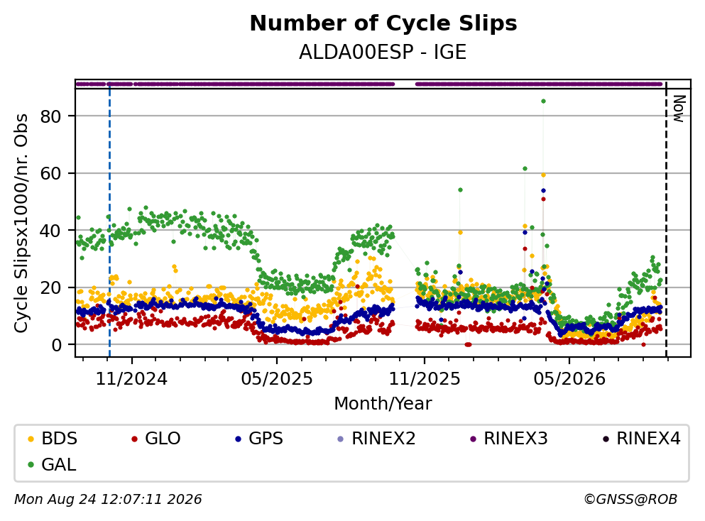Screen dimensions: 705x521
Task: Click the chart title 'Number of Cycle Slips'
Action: click(383, 23)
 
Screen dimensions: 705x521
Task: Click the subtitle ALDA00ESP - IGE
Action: click(383, 52)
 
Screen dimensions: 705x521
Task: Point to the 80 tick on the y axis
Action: click(50, 116)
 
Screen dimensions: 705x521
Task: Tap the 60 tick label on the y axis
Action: click(50, 173)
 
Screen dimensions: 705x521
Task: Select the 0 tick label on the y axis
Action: click(56, 345)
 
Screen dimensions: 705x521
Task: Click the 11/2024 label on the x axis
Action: click(131, 379)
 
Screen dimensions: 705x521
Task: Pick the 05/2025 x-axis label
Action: click(276, 379)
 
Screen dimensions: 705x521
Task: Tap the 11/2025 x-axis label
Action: click(425, 379)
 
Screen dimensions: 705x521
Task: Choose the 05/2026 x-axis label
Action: click(569, 379)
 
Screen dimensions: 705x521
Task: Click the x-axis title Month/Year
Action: click(383, 404)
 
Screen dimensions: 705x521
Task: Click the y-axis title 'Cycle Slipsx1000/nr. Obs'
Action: click(21, 223)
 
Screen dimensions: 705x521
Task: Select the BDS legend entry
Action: click(53, 438)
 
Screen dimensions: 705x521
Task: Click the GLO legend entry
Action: click(156, 438)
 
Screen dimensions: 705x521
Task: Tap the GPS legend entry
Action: click(259, 438)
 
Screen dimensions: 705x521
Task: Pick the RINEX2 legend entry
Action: click(377, 438)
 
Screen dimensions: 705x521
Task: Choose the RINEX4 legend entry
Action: click(642, 438)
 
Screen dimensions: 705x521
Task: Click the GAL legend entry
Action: click(52, 464)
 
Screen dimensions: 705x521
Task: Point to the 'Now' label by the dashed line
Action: click(679, 109)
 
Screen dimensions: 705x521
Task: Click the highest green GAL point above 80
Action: click(543, 101)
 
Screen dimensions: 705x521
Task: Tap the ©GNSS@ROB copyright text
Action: click(630, 499)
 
